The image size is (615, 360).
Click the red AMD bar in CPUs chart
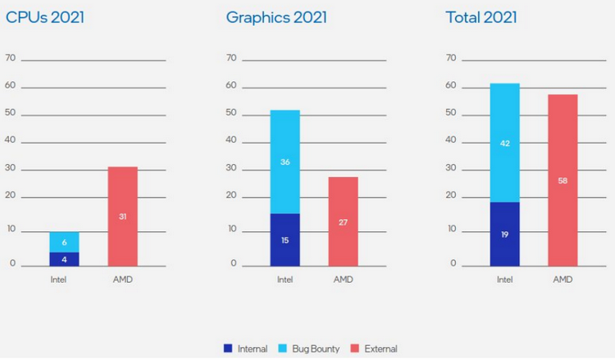(122, 216)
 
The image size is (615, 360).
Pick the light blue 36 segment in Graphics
(285, 162)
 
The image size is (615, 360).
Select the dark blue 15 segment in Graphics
(285, 239)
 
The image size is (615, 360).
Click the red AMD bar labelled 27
(343, 221)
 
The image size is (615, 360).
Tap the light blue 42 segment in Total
(504, 143)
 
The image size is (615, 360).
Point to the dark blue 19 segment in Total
(504, 234)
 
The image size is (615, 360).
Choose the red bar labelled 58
(563, 180)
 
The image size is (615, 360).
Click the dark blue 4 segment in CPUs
(64, 258)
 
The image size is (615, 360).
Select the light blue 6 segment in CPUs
(64, 242)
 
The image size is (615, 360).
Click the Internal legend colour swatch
(228, 349)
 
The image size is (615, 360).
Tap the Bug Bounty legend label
(316, 349)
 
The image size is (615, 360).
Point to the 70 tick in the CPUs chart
(11, 58)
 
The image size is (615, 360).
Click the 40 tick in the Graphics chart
(231, 140)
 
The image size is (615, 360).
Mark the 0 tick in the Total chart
(453, 264)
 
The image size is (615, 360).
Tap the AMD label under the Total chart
(563, 279)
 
